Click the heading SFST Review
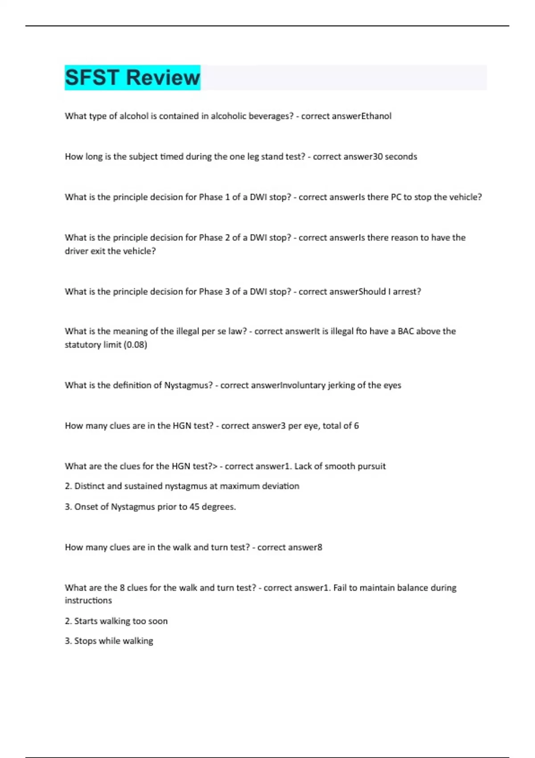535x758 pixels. click(x=132, y=78)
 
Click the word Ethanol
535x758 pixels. click(x=376, y=116)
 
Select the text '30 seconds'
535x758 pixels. click(x=395, y=157)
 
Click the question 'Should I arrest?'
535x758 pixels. click(x=390, y=292)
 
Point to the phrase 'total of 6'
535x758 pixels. click(x=341, y=426)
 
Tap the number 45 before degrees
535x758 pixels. click(x=194, y=507)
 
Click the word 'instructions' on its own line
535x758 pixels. click(x=88, y=601)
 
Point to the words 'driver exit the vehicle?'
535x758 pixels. click(x=110, y=251)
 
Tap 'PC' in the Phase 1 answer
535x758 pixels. click(x=396, y=197)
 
